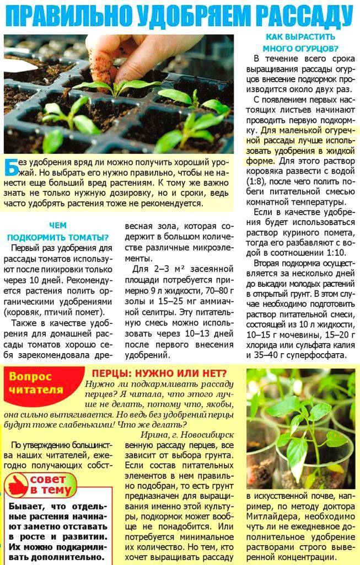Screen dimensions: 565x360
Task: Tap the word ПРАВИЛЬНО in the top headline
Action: [x=64, y=16]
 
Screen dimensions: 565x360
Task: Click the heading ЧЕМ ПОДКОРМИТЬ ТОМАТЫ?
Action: [x=58, y=231]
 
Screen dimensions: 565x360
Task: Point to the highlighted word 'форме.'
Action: [x=259, y=161]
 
